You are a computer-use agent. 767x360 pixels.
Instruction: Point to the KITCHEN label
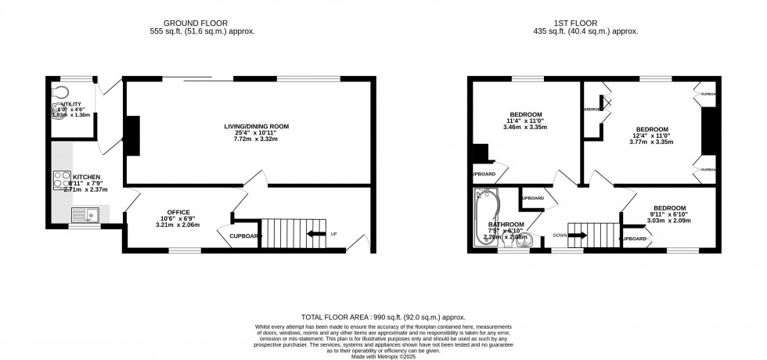tap(87, 177)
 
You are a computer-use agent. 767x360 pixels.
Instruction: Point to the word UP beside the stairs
tap(334, 234)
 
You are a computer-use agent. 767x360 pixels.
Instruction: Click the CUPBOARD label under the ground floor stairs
tap(245, 236)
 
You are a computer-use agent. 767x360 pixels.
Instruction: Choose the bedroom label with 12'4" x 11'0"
tap(651, 130)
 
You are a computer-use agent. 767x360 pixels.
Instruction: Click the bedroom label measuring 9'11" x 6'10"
tap(669, 208)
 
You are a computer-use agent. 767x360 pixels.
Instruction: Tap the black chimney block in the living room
tap(134, 134)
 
